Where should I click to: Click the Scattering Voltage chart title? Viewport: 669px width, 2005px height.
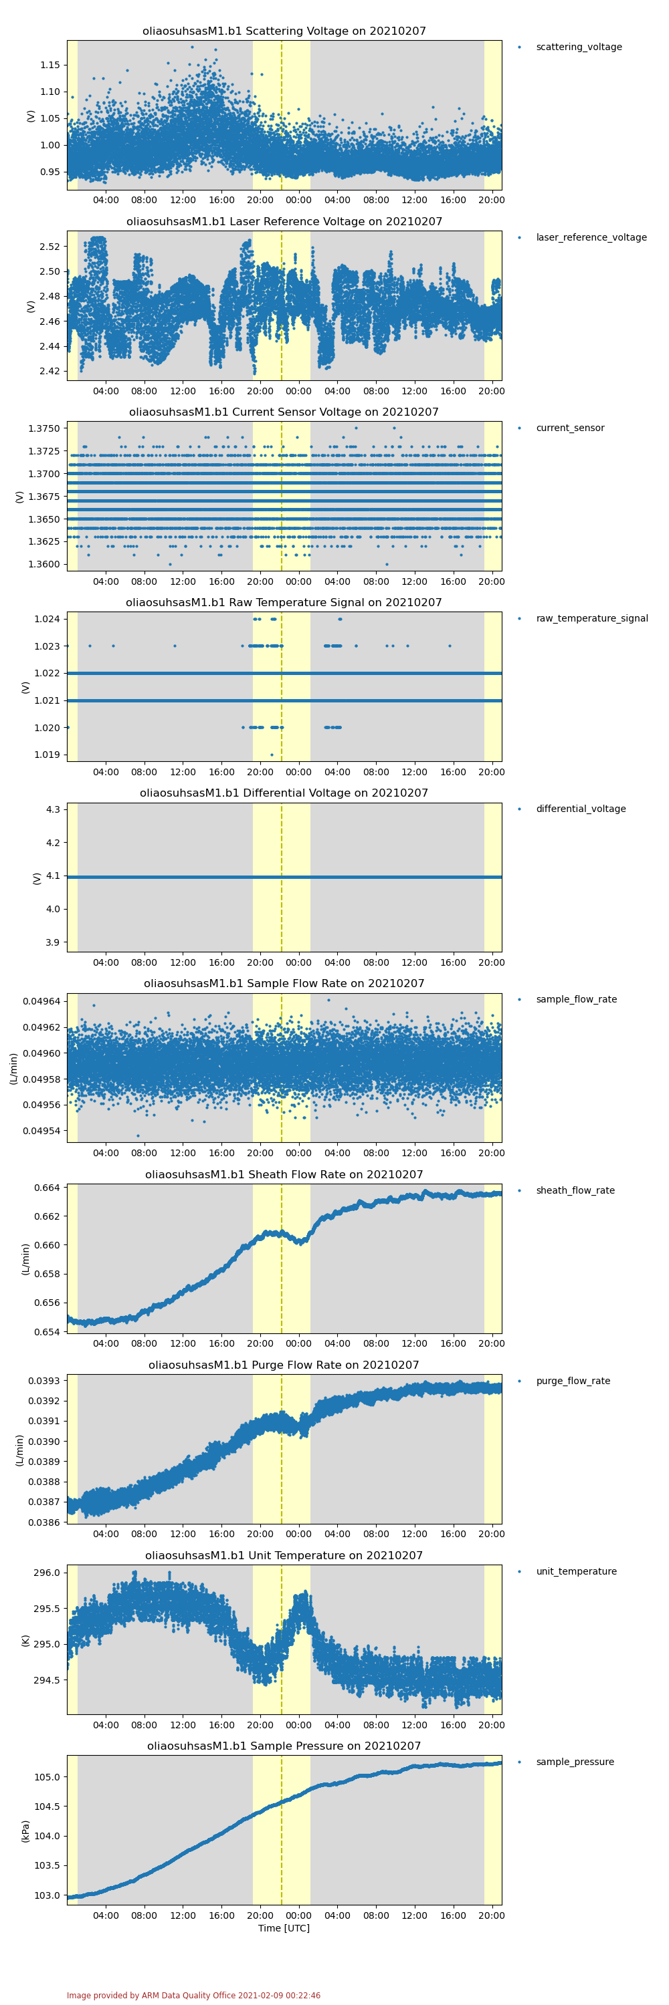[x=284, y=31]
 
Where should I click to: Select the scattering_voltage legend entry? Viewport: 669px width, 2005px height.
[x=578, y=47]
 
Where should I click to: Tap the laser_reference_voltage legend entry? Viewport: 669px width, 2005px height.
[x=590, y=237]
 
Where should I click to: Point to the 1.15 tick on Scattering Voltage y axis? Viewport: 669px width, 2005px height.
[x=50, y=65]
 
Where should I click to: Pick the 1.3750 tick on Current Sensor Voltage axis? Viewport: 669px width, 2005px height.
[x=43, y=429]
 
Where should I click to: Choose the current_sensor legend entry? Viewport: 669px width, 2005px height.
[x=569, y=428]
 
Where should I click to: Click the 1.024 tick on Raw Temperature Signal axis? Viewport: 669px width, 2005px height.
[x=47, y=620]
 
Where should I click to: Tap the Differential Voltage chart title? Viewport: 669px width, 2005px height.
[x=284, y=793]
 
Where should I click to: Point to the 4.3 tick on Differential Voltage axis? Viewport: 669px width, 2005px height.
[x=53, y=809]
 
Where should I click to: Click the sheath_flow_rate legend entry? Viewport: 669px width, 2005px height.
[x=575, y=1190]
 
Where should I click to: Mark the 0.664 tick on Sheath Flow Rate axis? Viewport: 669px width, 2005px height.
[x=47, y=1188]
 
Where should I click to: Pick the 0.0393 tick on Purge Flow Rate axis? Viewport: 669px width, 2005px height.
[x=43, y=1381]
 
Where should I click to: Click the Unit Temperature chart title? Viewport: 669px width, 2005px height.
[x=284, y=1555]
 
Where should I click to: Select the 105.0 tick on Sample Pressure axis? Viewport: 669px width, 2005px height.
[x=47, y=1777]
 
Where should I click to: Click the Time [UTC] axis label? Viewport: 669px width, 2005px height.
[x=284, y=1928]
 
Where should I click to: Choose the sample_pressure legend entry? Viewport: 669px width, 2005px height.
[x=574, y=1762]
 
